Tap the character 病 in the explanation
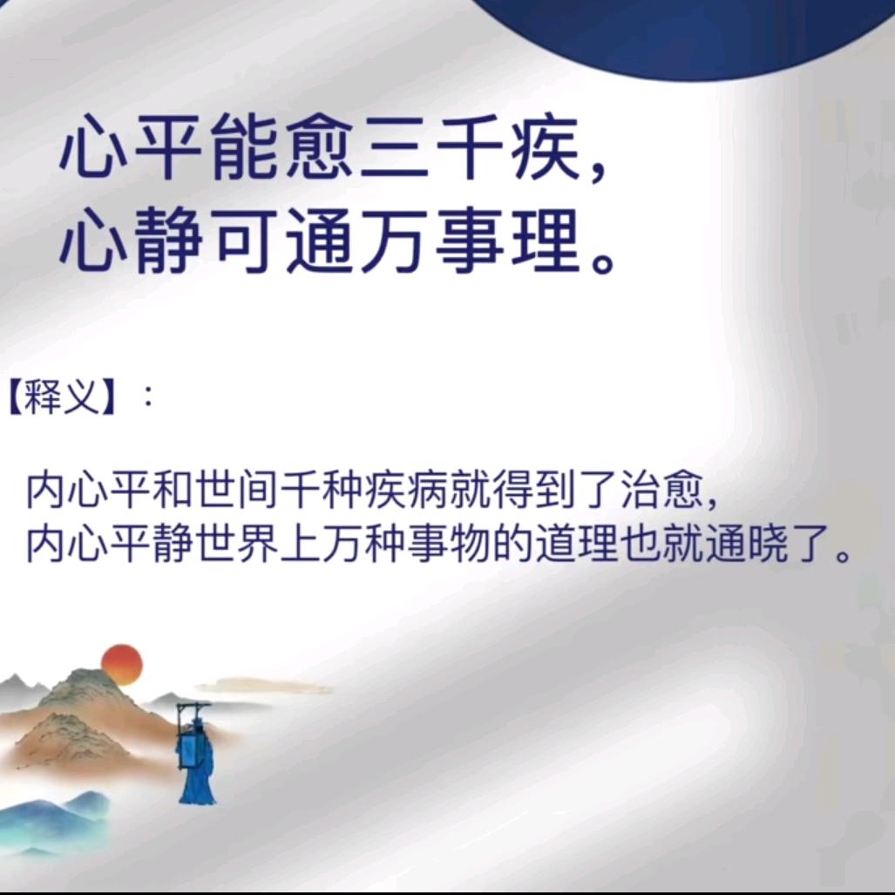427,490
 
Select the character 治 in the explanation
639,490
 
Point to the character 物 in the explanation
469,543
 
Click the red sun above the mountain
122,664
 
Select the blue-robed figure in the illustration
195,755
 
